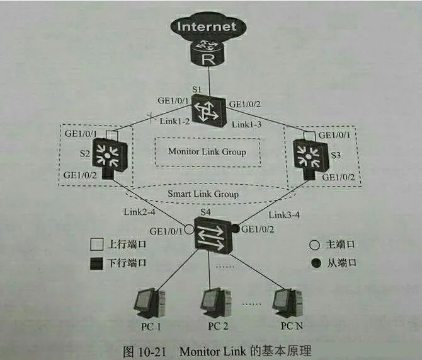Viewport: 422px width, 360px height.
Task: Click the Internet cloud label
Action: point(207,27)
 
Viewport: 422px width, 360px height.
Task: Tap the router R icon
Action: point(208,54)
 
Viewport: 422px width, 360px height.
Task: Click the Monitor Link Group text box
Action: point(207,151)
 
